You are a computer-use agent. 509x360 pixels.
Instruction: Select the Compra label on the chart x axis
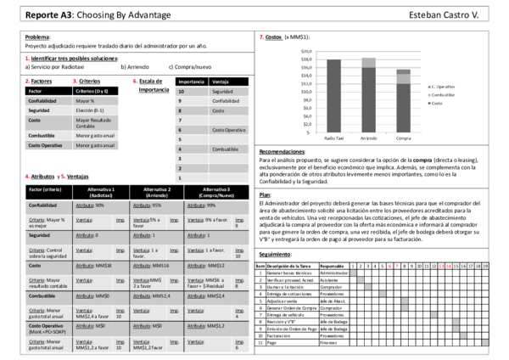(x=403, y=137)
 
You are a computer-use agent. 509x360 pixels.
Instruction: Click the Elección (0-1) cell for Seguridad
(x=91, y=110)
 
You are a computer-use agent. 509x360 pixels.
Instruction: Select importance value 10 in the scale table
(x=181, y=91)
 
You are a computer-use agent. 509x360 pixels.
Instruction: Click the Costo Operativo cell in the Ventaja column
(x=229, y=129)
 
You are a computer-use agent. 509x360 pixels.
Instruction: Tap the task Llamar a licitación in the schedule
(x=288, y=288)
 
